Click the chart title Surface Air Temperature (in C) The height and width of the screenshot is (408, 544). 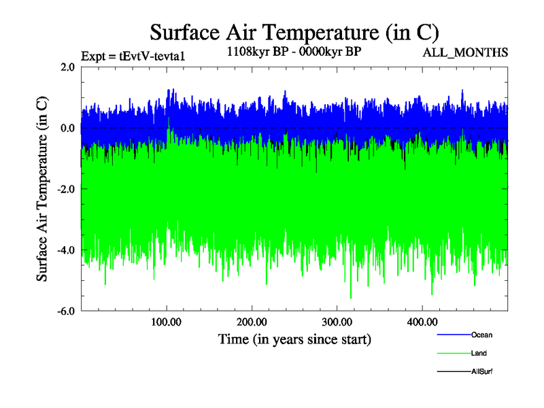(294, 32)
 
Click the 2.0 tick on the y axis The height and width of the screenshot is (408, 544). (67, 67)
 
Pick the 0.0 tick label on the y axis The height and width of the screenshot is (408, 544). (67, 128)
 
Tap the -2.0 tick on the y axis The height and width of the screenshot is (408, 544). (65, 189)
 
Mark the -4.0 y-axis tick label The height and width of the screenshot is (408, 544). (65, 250)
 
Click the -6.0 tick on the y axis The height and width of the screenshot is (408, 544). (65, 311)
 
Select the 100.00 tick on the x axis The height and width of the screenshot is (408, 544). (167, 322)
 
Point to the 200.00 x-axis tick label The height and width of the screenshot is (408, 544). (252, 322)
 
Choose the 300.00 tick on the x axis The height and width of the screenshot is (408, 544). (337, 322)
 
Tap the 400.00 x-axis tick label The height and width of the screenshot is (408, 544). (422, 322)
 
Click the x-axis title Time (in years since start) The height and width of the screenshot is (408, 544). (294, 339)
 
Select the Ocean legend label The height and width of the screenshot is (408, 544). (481, 335)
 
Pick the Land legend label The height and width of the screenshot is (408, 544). (479, 354)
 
